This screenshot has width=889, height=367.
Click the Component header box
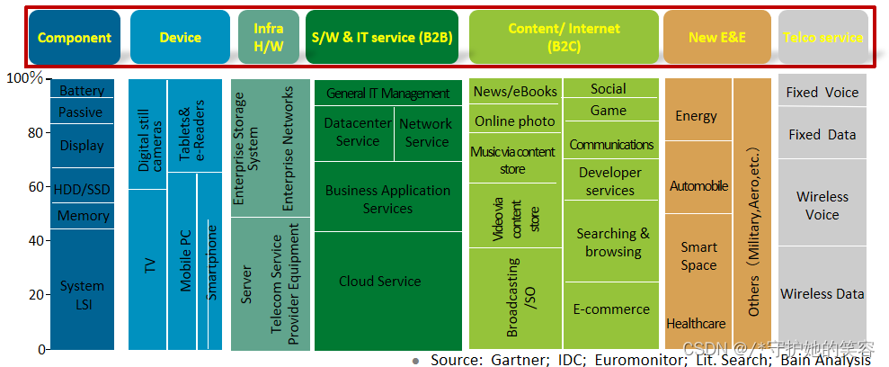(75, 37)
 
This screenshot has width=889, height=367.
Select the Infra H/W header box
(269, 37)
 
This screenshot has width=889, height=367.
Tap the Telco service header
(822, 37)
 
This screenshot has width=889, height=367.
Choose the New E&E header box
(716, 37)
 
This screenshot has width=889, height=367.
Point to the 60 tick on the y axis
(35, 187)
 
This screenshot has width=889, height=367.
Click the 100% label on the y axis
(25, 78)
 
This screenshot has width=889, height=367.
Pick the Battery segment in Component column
(82, 91)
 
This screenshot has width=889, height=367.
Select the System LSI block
(82, 295)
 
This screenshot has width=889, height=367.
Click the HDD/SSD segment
(82, 187)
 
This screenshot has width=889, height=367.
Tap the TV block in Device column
(148, 265)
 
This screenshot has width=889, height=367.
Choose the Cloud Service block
(379, 282)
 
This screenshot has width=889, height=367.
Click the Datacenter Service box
(357, 131)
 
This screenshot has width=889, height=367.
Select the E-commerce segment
(611, 309)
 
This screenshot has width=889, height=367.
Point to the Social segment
(609, 88)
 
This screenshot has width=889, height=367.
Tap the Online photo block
(515, 121)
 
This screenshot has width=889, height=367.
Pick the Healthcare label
(696, 323)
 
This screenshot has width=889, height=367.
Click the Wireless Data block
(822, 293)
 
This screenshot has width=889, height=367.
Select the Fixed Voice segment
(822, 92)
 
